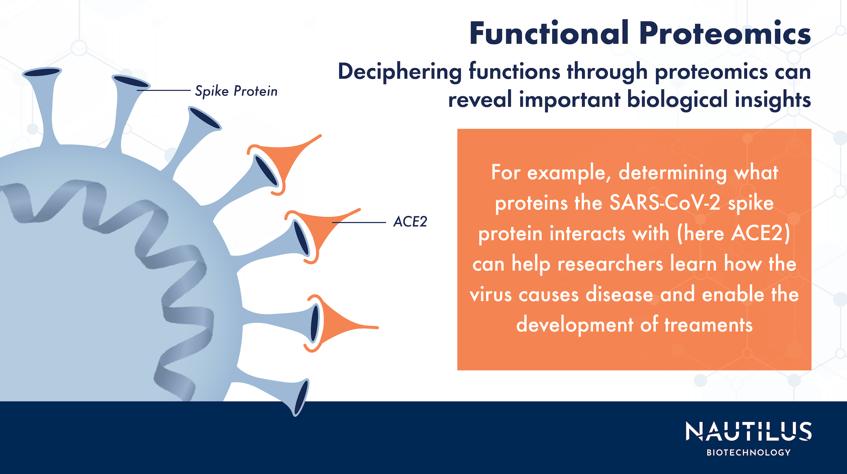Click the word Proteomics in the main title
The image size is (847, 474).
pos(725,34)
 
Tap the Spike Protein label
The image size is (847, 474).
pos(236,91)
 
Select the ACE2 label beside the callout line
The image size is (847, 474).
pos(410,222)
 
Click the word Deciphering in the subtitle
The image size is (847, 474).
pos(400,72)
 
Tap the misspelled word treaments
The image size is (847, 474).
pos(708,325)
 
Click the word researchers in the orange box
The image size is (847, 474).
pos(610,264)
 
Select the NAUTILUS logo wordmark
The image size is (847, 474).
pos(748,432)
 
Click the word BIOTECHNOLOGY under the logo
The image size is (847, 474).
pos(748,453)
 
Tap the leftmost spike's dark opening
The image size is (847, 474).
pos(42,72)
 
